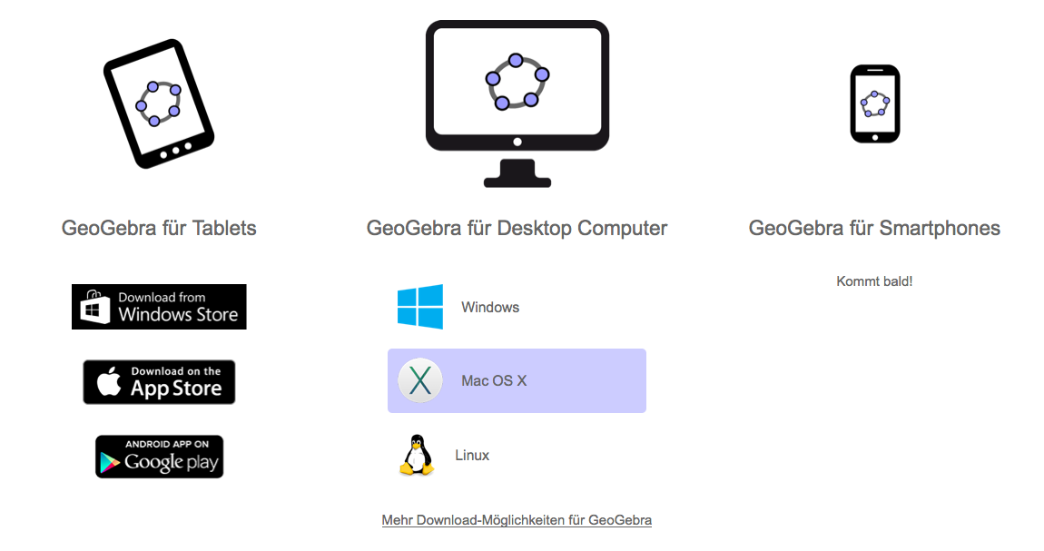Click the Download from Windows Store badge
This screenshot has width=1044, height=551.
[159, 307]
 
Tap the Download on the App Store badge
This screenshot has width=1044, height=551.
[159, 382]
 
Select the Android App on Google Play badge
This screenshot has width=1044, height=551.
[159, 457]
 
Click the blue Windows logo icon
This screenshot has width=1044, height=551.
[420, 307]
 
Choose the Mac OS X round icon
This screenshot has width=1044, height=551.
[420, 381]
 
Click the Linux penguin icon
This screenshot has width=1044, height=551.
[417, 455]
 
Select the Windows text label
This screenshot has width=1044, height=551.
[490, 308]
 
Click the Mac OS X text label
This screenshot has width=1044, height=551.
[494, 381]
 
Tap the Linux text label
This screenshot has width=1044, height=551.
[472, 456]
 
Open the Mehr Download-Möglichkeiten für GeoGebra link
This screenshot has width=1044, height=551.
[517, 520]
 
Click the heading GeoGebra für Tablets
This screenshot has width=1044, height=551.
[159, 228]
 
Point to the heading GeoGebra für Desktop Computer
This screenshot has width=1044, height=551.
[517, 228]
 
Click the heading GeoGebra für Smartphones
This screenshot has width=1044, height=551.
[874, 228]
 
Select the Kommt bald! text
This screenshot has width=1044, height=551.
[874, 281]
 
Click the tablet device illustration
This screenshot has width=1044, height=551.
[159, 103]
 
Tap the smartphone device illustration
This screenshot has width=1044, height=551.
[874, 103]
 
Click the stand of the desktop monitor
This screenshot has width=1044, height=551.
[517, 173]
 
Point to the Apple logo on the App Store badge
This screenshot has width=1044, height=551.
[110, 382]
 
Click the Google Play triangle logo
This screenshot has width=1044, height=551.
[110, 461]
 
